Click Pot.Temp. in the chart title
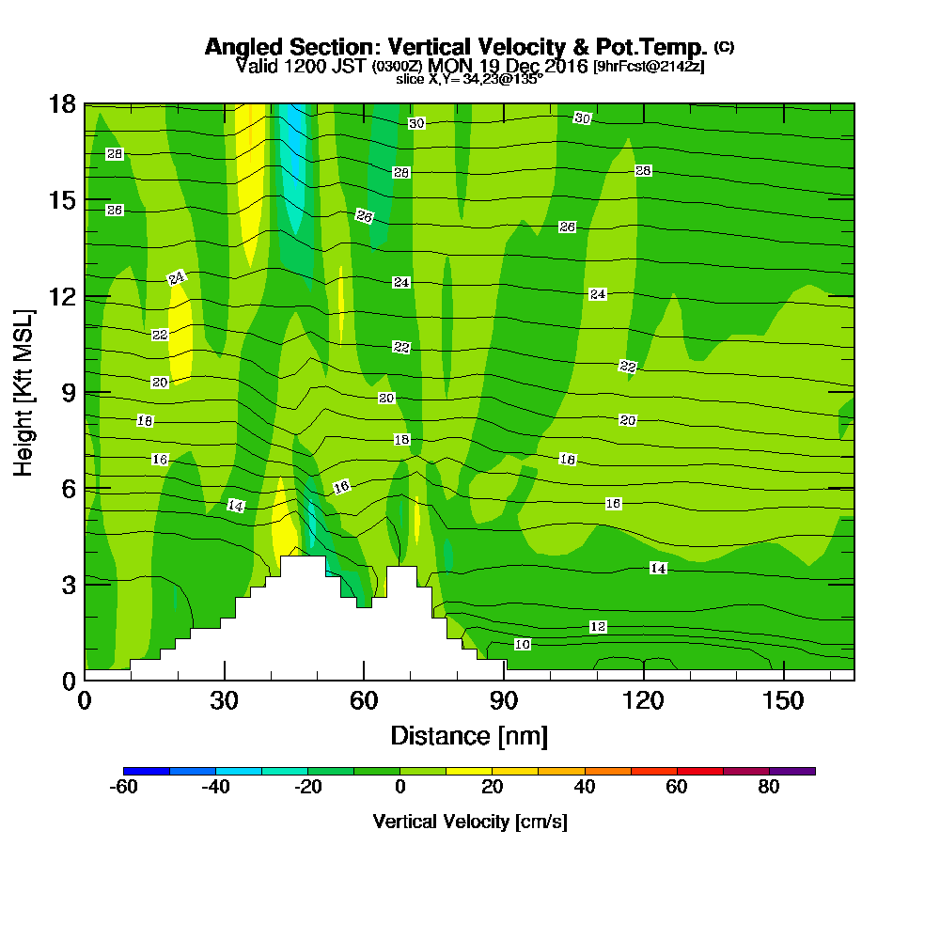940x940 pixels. click(659, 47)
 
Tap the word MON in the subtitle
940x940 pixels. click(448, 66)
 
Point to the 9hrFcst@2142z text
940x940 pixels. click(649, 67)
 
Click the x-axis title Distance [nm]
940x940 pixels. click(469, 735)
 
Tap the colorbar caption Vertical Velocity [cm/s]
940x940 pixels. click(469, 822)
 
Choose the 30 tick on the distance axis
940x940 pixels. click(224, 701)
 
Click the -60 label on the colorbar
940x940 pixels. click(124, 788)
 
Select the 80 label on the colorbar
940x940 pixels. click(769, 788)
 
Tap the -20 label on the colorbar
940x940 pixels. click(308, 788)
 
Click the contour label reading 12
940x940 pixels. click(598, 627)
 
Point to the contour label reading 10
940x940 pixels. click(523, 644)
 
